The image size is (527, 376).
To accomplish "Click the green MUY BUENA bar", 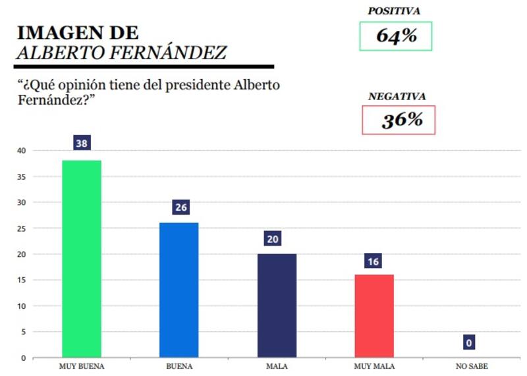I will click(x=82, y=259).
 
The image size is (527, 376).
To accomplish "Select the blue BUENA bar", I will click(x=179, y=290).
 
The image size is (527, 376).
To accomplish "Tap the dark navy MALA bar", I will click(x=277, y=306).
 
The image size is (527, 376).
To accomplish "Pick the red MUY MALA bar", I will click(x=374, y=316).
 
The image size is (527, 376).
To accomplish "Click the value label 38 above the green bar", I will click(x=82, y=143).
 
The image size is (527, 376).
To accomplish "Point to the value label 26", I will click(x=179, y=207).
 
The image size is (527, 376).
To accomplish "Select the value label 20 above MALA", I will click(x=273, y=238).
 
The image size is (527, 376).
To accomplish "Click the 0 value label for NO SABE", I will click(x=468, y=342).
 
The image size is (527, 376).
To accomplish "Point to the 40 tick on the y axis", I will click(x=21, y=151).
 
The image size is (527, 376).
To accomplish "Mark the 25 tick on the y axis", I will click(x=21, y=228).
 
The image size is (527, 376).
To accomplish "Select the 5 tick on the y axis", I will click(x=23, y=332).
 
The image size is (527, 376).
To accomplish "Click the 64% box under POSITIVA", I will click(x=396, y=36).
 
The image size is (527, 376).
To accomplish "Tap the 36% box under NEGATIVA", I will click(x=399, y=120).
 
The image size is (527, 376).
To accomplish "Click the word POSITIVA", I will click(x=394, y=11).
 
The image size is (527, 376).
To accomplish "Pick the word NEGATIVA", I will click(x=397, y=96).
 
